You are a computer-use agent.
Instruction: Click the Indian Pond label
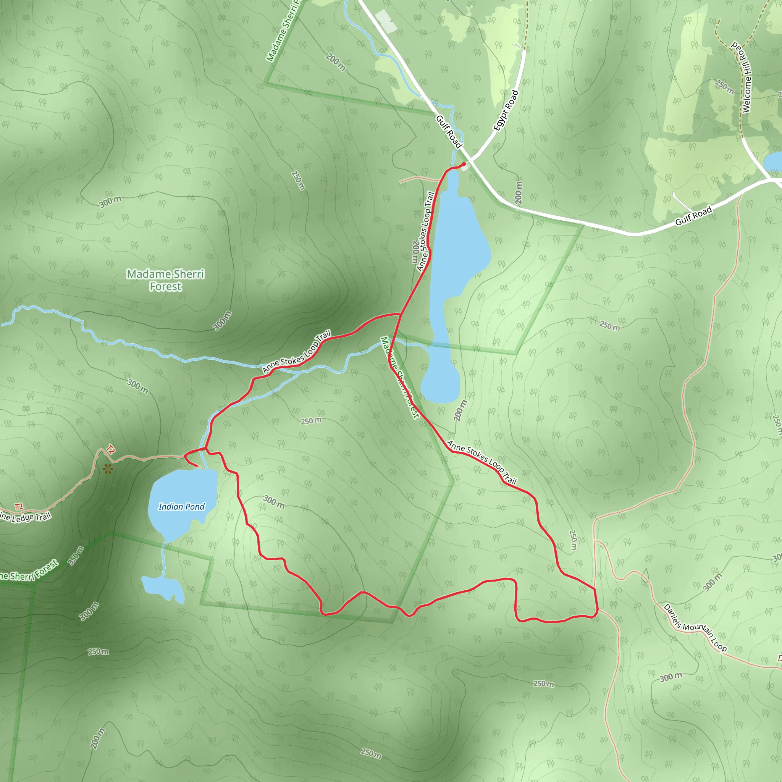pos(181,507)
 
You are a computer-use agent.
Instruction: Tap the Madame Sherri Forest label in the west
pos(166,280)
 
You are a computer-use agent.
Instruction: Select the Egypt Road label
pos(506,110)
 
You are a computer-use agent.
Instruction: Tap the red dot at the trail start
pos(464,164)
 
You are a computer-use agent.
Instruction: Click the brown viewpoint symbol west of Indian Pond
pos(108,469)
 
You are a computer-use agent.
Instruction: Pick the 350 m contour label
pos(76,555)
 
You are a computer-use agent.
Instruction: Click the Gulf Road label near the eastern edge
pos(693,216)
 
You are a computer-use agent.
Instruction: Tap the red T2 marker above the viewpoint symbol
pos(110,450)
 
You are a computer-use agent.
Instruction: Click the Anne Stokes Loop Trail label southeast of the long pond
pos(481,463)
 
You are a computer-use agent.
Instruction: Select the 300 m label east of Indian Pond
pos(274,501)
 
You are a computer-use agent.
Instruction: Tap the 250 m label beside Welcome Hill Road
pos(724,87)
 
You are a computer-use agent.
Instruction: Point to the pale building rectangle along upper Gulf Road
pos(385,21)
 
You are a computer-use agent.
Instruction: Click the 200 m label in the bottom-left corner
pos(97,739)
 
